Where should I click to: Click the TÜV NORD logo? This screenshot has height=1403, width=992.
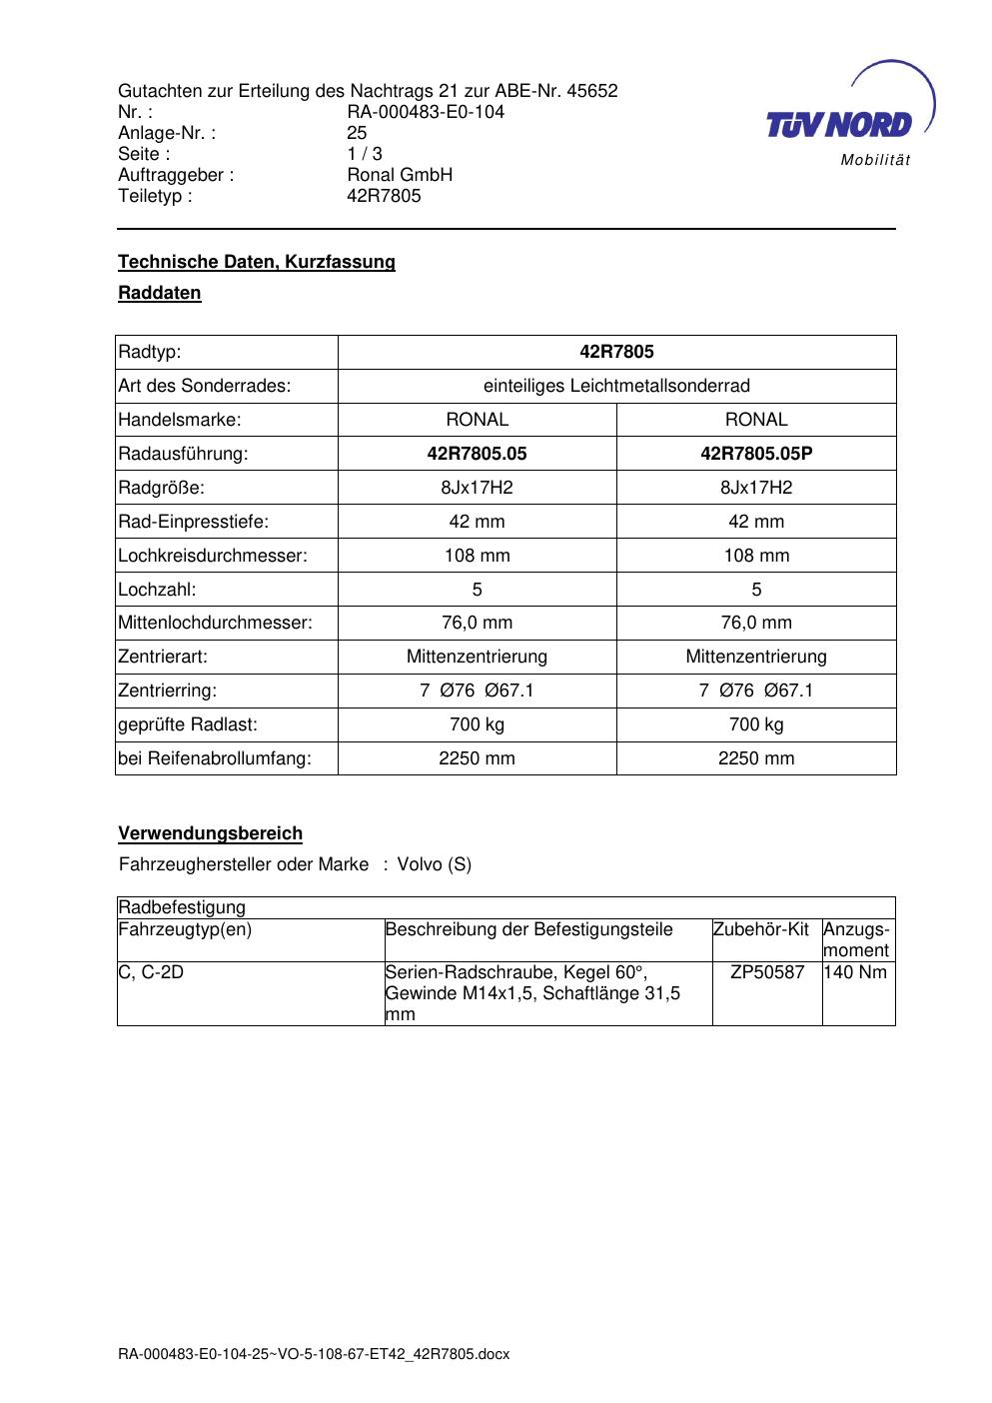839,122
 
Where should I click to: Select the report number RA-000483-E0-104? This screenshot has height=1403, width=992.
426,112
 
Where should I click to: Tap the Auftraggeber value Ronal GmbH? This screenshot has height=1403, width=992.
400,175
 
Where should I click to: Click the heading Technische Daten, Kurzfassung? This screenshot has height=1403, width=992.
257,262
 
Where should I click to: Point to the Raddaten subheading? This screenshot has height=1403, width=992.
160,293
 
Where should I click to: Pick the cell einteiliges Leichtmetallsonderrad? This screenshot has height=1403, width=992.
616,386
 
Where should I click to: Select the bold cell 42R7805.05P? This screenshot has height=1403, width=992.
756,454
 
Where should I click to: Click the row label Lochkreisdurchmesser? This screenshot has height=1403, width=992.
213,556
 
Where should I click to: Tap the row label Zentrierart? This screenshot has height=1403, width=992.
163,657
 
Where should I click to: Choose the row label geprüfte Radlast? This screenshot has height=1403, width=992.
188,724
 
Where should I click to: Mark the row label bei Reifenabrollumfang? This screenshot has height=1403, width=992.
215,758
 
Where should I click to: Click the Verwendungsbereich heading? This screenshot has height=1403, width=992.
211,833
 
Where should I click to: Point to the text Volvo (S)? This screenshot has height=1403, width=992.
435,864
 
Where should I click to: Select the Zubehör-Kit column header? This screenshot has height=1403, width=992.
761,930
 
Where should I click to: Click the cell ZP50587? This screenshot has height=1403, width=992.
767,972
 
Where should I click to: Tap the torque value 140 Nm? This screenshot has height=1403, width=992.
855,972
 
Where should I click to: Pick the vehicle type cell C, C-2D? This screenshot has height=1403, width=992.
151,972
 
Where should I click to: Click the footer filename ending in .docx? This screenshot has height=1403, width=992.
314,1354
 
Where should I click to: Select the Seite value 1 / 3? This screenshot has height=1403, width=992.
365,154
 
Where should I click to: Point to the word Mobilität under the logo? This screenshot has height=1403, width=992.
875,161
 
